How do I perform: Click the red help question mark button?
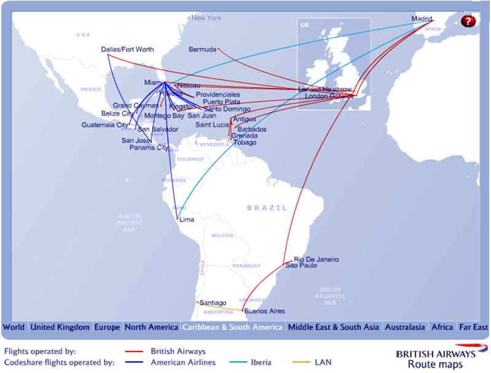pos(469,21)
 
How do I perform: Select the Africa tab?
pos(442,327)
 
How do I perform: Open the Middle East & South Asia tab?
pos(333,327)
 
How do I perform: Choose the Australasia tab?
pos(404,327)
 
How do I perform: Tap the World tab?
pos(14,327)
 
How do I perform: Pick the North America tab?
pos(152,327)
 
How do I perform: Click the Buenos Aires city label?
pos(264,311)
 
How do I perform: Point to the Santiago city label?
pos(213,303)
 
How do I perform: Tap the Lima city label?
pos(186,219)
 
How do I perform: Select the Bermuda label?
pos(202,49)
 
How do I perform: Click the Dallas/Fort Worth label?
pos(127,49)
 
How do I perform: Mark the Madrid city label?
pos(422,19)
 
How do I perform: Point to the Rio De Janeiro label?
pos(316,259)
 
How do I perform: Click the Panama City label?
pos(149,148)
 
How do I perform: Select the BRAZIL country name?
pos(267,208)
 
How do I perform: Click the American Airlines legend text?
pos(183,363)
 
